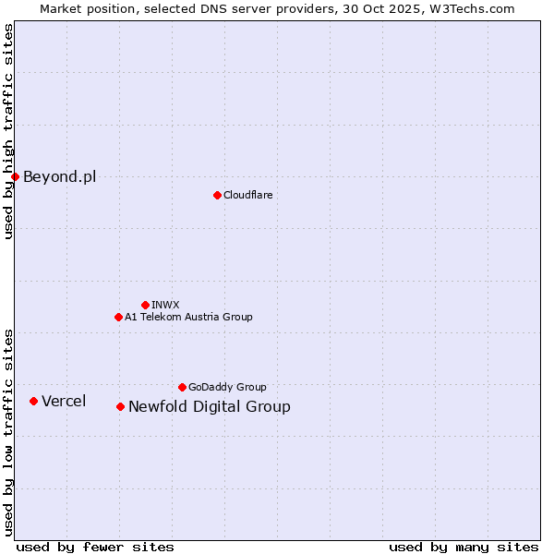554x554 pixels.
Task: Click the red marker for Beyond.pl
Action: (x=15, y=176)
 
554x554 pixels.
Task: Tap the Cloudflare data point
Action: (x=217, y=195)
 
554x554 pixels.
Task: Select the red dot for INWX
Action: (x=145, y=305)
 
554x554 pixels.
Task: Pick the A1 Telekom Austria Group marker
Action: (x=118, y=317)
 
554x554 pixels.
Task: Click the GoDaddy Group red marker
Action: (x=182, y=387)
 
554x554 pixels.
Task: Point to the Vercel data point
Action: (x=33, y=401)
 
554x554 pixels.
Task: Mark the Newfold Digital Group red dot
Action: (x=120, y=406)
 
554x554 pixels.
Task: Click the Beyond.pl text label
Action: (x=59, y=176)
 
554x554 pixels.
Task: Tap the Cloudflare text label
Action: (x=247, y=195)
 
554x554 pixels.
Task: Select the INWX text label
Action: (x=165, y=305)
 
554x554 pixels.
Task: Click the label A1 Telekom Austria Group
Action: (x=188, y=317)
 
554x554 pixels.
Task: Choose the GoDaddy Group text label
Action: (x=227, y=387)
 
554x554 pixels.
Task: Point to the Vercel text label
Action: (x=64, y=401)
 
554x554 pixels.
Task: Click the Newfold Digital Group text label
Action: (x=209, y=406)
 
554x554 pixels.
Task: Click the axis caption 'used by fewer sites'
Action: (x=95, y=547)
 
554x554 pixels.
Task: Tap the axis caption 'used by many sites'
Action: (x=464, y=547)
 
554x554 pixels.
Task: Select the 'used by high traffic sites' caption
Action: (x=8, y=131)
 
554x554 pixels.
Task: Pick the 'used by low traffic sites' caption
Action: (x=8, y=431)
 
